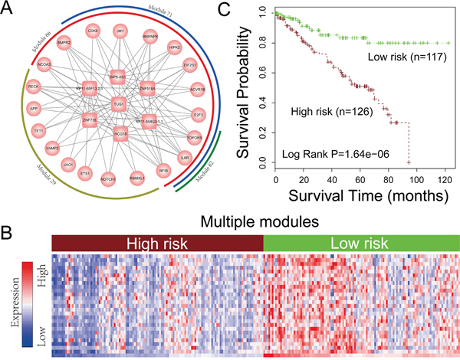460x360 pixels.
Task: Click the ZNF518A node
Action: click(149, 89)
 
